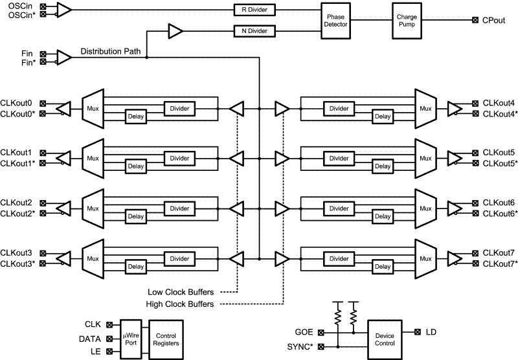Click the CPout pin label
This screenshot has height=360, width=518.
(495, 21)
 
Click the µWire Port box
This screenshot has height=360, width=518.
(131, 338)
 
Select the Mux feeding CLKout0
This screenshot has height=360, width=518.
(93, 107)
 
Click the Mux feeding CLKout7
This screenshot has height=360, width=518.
(425, 258)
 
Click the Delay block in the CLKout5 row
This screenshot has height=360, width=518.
(382, 166)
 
